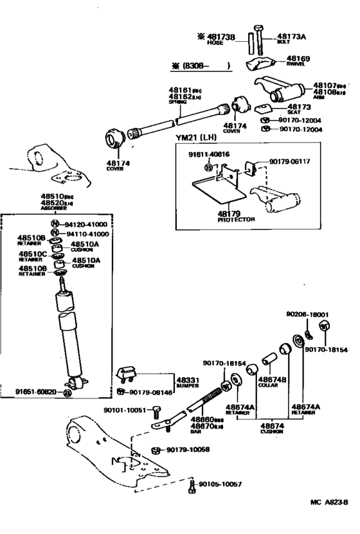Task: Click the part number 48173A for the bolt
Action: pos(292,37)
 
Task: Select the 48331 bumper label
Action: pos(186,380)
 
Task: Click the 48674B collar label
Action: pos(272,380)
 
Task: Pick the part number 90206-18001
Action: pos(307,314)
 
